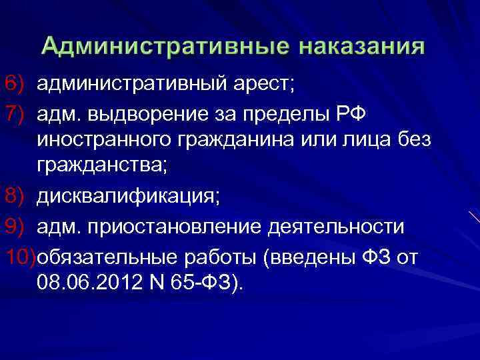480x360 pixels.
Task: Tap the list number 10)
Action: point(18,256)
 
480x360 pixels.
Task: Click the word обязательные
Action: point(105,257)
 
